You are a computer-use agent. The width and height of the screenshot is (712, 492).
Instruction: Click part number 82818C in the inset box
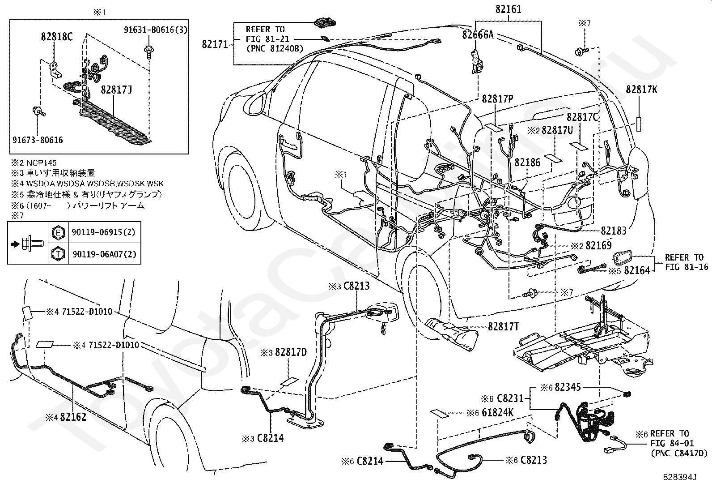tap(57, 37)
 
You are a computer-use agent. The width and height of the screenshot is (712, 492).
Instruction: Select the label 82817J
tap(116, 90)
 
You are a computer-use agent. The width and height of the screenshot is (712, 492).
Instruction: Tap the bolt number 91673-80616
tap(38, 140)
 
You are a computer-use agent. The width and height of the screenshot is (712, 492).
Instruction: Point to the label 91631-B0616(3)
tap(156, 30)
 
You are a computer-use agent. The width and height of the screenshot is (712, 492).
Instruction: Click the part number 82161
tap(509, 9)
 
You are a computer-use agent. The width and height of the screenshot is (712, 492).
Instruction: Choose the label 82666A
tap(478, 34)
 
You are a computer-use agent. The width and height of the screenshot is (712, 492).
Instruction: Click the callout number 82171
tap(215, 44)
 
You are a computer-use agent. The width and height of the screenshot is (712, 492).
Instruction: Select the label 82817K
tap(641, 90)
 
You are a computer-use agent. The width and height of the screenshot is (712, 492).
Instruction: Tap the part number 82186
tap(527, 163)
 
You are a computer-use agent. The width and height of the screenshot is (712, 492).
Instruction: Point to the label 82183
tap(614, 231)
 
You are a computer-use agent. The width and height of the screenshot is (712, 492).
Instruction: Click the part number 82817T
tap(504, 326)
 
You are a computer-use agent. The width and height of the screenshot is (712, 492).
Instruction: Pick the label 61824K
tap(497, 413)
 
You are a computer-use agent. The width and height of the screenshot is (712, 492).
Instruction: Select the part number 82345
tap(568, 387)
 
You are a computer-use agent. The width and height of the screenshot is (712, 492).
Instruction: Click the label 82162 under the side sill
tap(73, 417)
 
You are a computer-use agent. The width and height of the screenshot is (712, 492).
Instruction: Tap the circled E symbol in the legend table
tap(58, 233)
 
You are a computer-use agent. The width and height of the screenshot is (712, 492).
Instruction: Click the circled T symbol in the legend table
tap(58, 254)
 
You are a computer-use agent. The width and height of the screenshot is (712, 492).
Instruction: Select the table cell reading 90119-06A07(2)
tap(104, 254)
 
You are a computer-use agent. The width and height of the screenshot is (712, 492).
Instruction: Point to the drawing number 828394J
tap(680, 477)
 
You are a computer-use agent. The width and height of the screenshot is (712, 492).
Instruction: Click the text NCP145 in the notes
tap(41, 163)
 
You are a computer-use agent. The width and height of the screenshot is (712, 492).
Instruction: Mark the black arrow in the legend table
tap(15, 244)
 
